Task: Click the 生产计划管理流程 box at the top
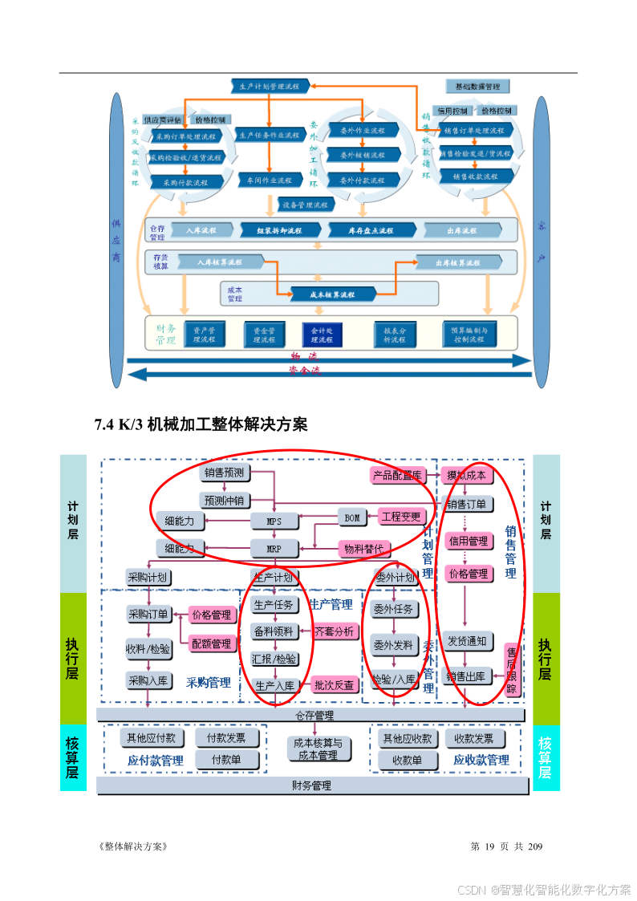pyautogui.click(x=269, y=85)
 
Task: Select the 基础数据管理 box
pyautogui.click(x=477, y=86)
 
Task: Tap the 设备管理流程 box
pyautogui.click(x=305, y=205)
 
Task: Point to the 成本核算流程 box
pyautogui.click(x=332, y=294)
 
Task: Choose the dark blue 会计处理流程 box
pyautogui.click(x=322, y=335)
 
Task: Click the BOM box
pyautogui.click(x=352, y=517)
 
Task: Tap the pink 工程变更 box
pyautogui.click(x=401, y=517)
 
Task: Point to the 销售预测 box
pyautogui.click(x=224, y=473)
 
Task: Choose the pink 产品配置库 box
pyautogui.click(x=396, y=475)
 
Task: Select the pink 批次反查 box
pyautogui.click(x=335, y=685)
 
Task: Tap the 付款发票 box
pyautogui.click(x=226, y=738)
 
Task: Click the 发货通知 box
pyautogui.click(x=467, y=641)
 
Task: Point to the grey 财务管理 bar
pyautogui.click(x=311, y=785)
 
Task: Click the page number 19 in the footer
pyautogui.click(x=497, y=846)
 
